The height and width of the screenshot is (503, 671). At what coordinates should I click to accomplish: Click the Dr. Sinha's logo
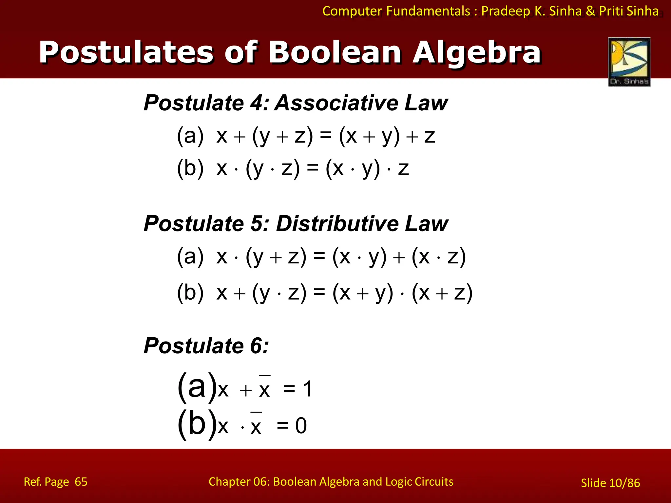(629, 62)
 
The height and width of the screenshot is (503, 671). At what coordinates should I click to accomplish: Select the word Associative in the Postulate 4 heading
(335, 103)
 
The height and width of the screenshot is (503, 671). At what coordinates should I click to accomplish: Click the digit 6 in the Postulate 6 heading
(256, 346)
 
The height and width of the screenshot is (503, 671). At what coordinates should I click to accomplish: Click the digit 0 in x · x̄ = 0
(301, 426)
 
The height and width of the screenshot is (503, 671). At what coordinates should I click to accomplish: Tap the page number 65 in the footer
(81, 482)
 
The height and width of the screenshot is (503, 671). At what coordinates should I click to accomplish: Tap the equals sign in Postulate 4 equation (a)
(326, 136)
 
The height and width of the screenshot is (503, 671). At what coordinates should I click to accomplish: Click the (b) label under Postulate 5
(190, 292)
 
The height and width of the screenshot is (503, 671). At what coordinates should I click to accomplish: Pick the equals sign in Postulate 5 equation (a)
(319, 256)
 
